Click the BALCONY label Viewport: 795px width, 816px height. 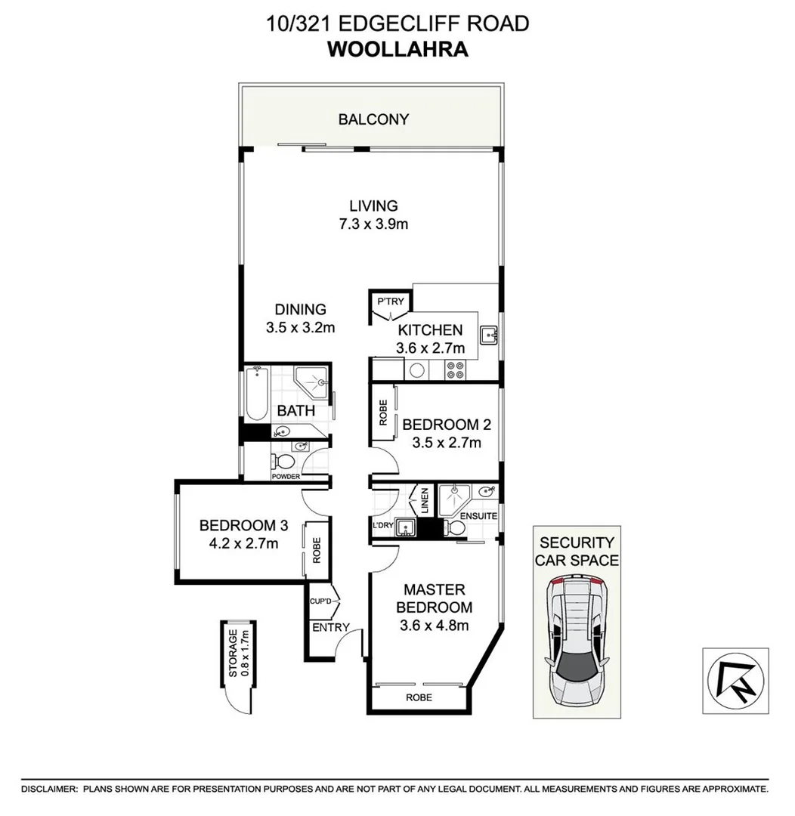(x=373, y=119)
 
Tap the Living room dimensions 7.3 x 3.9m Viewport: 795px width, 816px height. (x=373, y=224)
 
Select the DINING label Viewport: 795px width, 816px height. (x=300, y=309)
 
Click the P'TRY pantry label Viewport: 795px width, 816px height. (x=391, y=302)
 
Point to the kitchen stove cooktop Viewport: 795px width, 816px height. (x=456, y=369)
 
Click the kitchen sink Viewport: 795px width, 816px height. (x=488, y=333)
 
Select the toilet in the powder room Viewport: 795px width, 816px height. (x=285, y=462)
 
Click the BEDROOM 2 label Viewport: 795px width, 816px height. (x=441, y=425)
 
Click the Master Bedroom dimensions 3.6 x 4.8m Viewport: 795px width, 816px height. (x=435, y=625)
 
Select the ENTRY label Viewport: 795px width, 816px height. (x=330, y=627)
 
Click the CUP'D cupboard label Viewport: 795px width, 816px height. (x=322, y=601)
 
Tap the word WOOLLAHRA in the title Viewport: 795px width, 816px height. (x=397, y=50)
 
